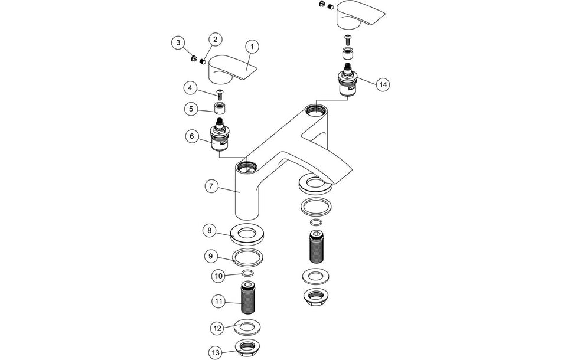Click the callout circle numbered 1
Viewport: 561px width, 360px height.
click(252, 46)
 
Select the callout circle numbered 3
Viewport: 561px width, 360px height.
click(177, 42)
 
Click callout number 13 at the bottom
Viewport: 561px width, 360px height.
click(216, 352)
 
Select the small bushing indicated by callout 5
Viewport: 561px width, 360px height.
click(221, 109)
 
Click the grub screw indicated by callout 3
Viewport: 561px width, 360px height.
click(194, 57)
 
